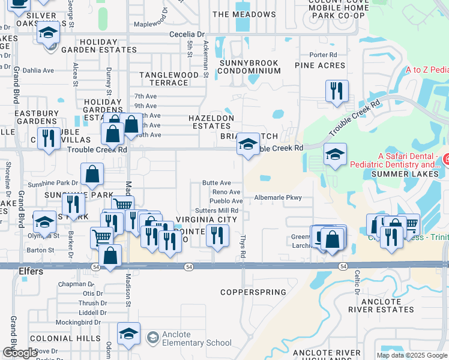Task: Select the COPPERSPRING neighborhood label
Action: [x=253, y=292]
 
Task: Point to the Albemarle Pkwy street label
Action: [x=277, y=197]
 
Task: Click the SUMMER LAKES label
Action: [x=402, y=174]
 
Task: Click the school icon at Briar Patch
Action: [x=248, y=145]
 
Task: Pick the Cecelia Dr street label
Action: [x=187, y=35]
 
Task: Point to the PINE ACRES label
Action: [x=320, y=65]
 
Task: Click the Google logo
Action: [x=20, y=353]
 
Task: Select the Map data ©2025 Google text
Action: [x=411, y=355]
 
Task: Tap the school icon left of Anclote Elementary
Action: [x=128, y=334]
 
